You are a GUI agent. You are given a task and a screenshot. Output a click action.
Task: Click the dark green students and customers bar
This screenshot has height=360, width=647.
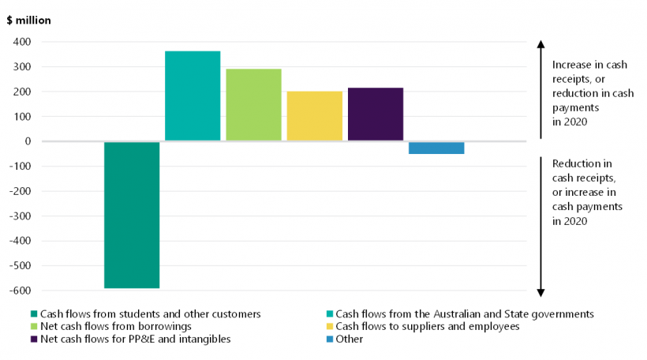(132, 215)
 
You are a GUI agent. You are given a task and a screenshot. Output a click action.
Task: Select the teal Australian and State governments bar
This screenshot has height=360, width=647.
(193, 96)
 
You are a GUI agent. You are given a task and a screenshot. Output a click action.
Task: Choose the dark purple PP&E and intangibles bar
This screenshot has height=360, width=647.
(375, 114)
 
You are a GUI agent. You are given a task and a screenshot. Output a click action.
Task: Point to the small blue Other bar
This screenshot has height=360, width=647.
(436, 148)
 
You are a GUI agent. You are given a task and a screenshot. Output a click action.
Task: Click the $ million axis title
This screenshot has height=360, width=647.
(29, 21)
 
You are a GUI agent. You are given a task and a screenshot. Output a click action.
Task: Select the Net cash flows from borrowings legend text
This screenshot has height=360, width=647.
(115, 326)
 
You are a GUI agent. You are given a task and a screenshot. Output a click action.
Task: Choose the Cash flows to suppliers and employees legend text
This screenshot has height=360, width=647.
(427, 326)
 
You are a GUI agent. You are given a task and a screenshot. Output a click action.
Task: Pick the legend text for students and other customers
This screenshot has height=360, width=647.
(151, 313)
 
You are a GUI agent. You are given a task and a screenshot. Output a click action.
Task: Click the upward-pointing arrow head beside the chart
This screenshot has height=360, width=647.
(540, 43)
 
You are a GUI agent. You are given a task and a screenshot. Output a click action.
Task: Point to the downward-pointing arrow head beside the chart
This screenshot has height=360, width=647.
(540, 292)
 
